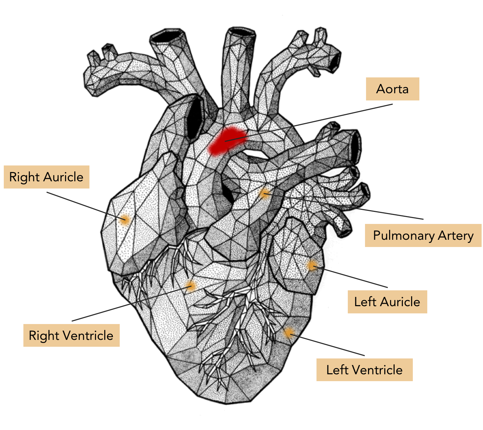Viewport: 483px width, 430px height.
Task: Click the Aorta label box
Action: coord(392,89)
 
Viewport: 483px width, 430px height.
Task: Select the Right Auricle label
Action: coord(46,177)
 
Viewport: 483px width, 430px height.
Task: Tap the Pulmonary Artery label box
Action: coord(423,236)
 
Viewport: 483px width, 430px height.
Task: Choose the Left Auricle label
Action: coord(387,302)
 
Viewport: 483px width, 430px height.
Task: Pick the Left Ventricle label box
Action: coord(364,370)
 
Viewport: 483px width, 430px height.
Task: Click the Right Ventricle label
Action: coord(71,335)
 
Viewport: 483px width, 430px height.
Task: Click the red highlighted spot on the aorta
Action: coord(227,141)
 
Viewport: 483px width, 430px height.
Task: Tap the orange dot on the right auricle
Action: coord(124,219)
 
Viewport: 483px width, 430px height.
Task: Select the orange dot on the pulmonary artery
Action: coord(264,193)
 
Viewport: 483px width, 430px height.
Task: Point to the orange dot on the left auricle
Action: coord(312,266)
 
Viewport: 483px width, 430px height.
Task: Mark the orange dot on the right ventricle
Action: coord(191,286)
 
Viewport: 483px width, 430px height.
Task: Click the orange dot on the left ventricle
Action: coord(288,333)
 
